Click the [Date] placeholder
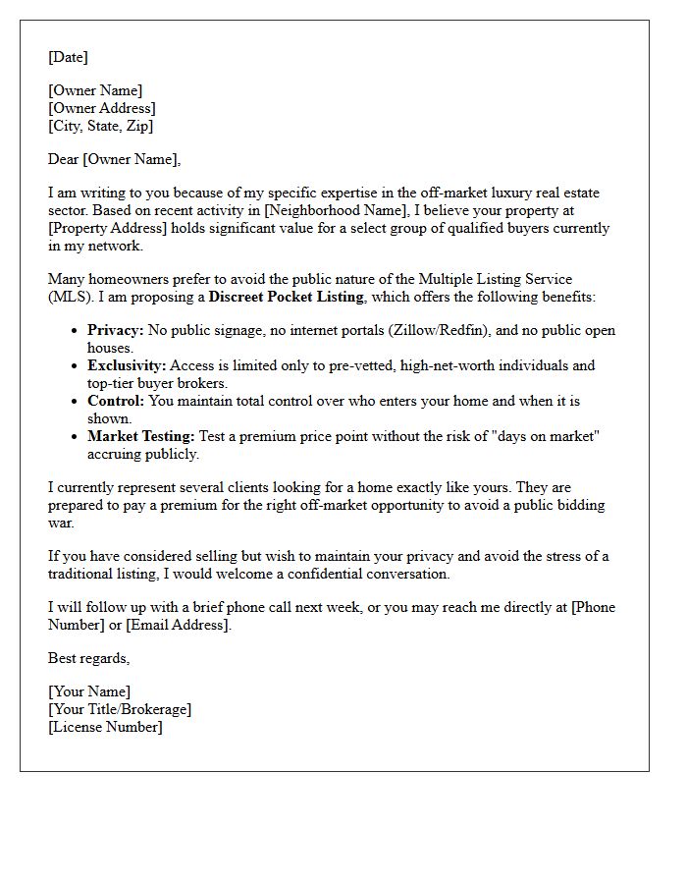tap(68, 57)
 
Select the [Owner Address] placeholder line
tap(102, 108)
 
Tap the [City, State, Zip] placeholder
tap(101, 126)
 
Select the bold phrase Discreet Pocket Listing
tap(286, 297)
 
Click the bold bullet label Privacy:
tap(116, 331)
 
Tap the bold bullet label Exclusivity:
tap(127, 365)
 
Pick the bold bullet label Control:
tap(116, 401)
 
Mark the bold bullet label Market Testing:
tap(140, 436)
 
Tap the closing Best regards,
tap(88, 658)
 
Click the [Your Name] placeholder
tap(89, 691)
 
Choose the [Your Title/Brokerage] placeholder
tap(120, 709)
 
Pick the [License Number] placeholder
tap(105, 727)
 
